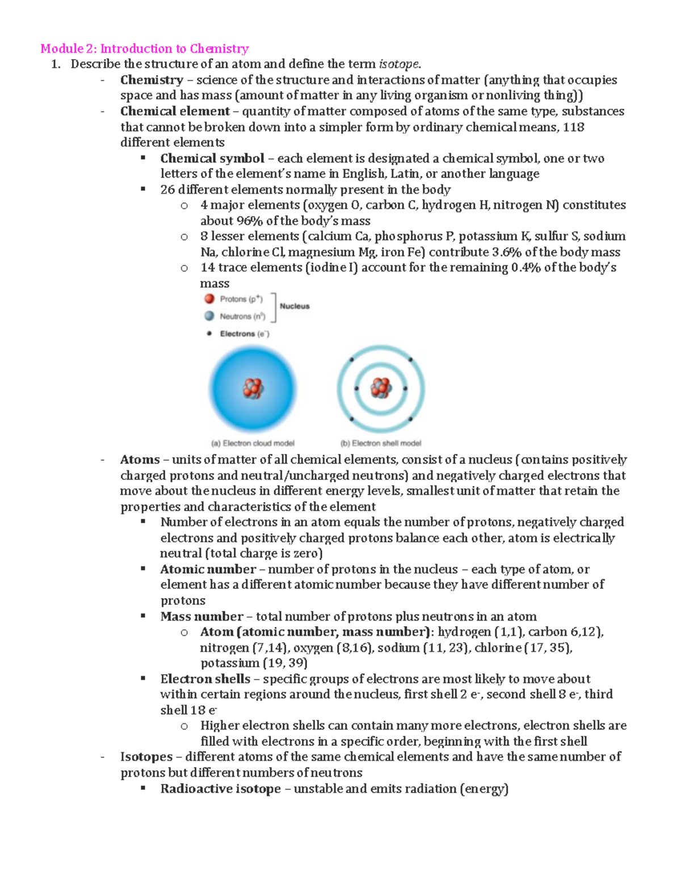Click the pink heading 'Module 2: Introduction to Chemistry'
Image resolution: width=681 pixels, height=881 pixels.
coord(145,49)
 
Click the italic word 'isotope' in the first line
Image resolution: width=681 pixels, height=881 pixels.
coord(400,64)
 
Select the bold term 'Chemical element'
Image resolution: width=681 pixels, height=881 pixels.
coord(175,111)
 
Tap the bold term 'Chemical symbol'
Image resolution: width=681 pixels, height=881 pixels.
coord(212,158)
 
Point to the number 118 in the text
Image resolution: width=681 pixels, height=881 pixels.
coord(573,127)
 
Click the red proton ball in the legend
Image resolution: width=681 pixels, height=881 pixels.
coord(209,299)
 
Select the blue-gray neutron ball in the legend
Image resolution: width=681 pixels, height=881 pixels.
coord(209,316)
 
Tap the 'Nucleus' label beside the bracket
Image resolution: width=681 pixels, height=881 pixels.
coord(295,306)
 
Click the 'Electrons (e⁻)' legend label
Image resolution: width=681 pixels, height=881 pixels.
coord(245,334)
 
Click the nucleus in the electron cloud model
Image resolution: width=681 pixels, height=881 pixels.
coord(253,389)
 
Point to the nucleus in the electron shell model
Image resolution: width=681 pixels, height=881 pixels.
coord(381,389)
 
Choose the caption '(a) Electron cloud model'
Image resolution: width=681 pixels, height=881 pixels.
coord(253,444)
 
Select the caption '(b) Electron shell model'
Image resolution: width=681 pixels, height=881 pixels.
coord(381,444)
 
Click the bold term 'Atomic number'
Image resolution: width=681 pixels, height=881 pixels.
coord(208,569)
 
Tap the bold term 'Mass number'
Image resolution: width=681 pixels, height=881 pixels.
coord(201,616)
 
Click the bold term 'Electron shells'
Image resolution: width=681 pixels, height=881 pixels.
coord(205,679)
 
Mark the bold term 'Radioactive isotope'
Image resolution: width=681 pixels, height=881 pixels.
coord(220,789)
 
